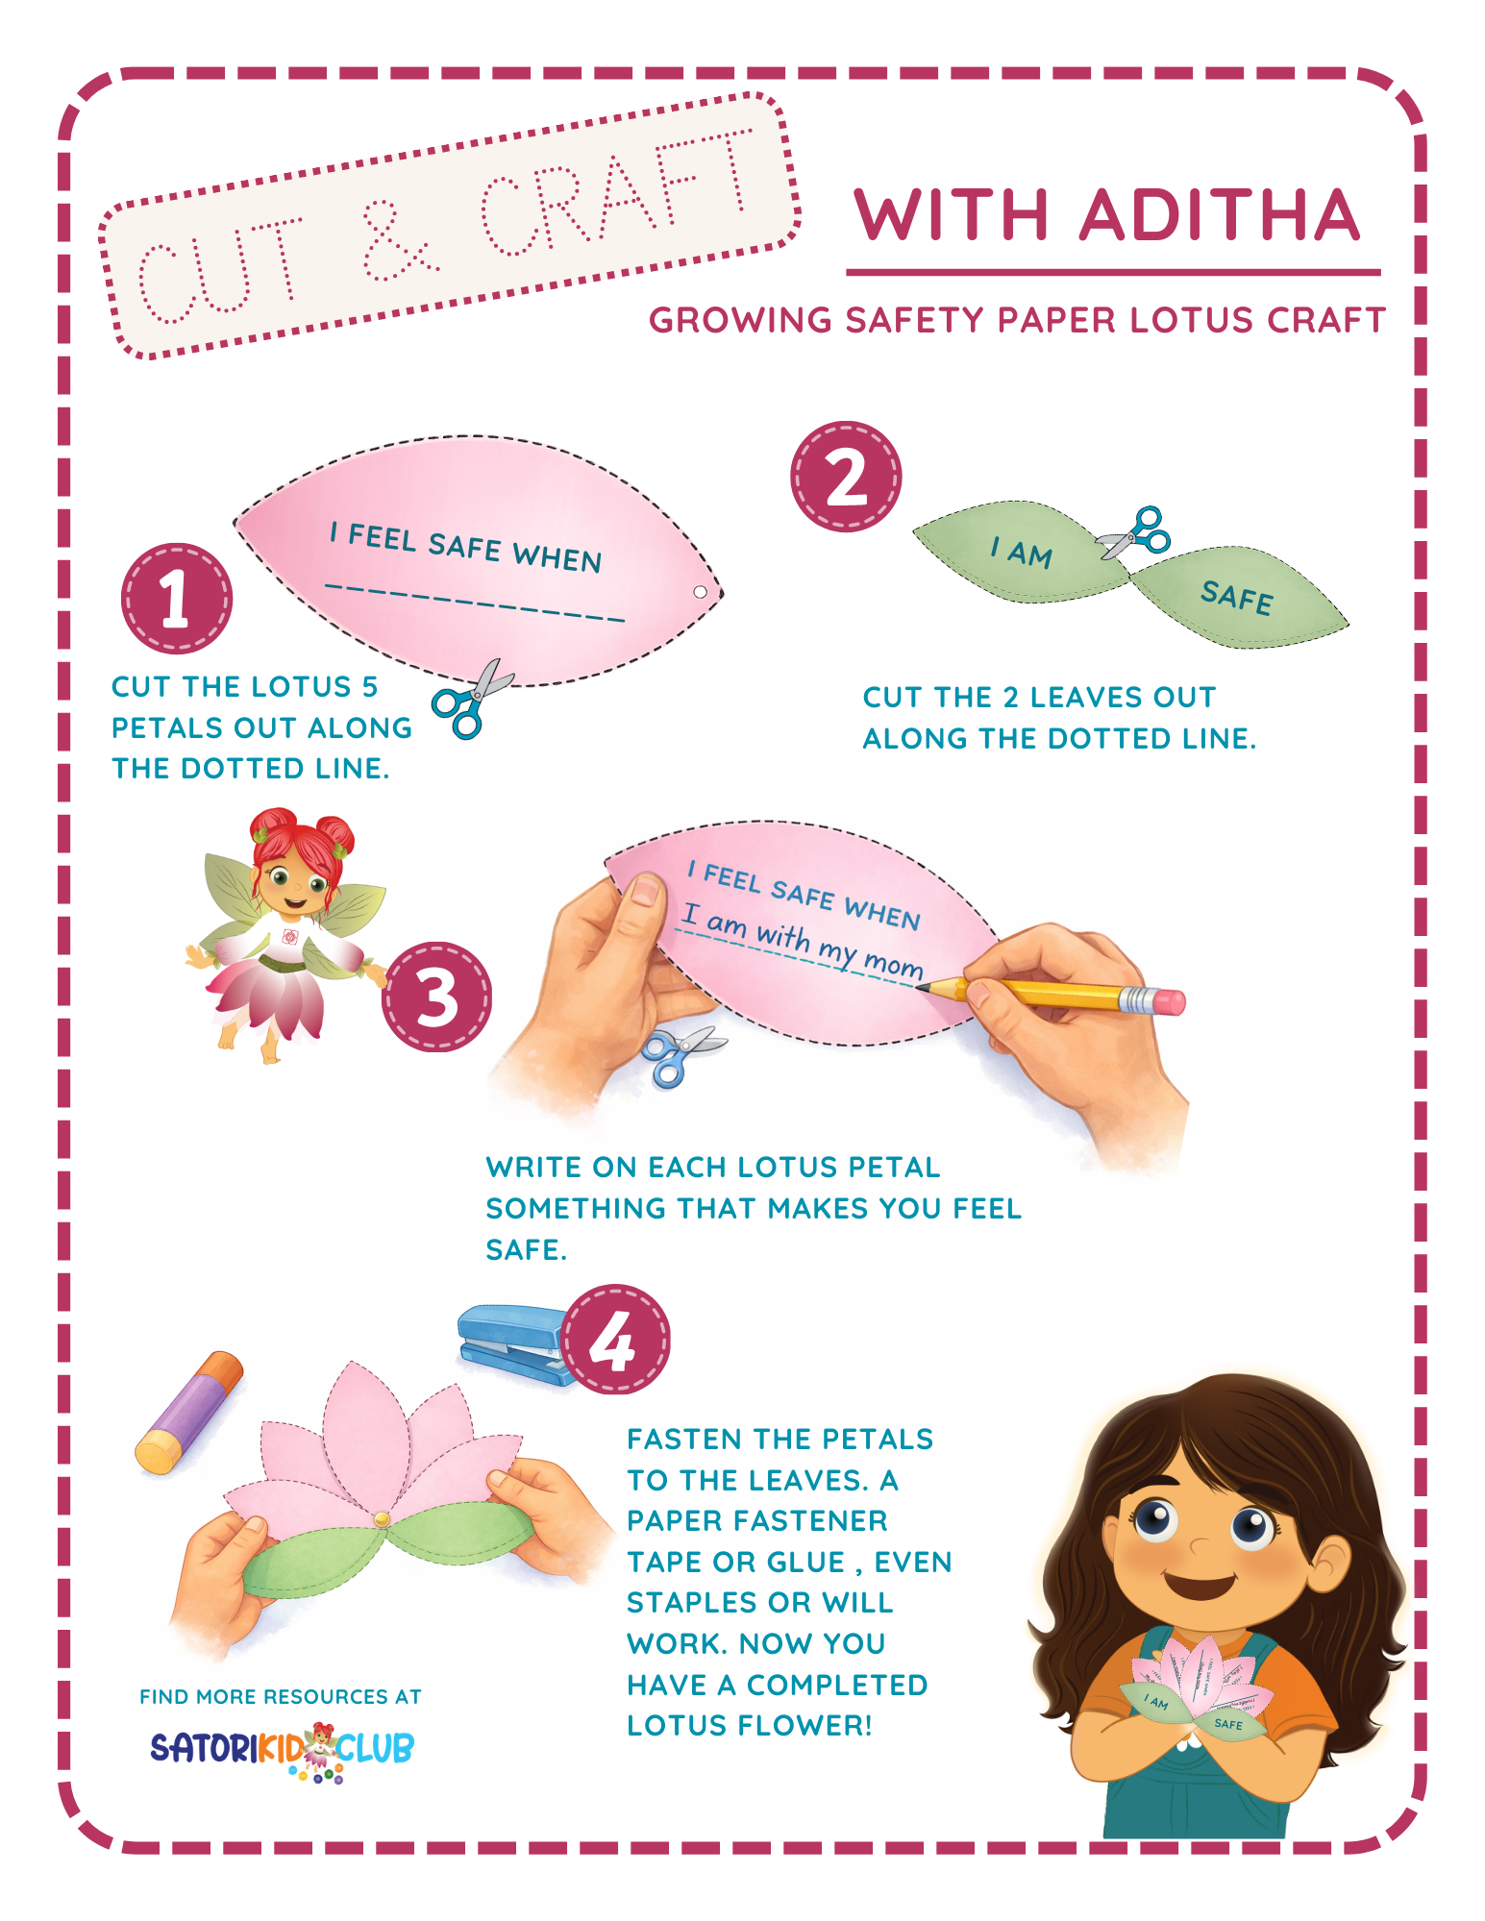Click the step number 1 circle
[176, 599]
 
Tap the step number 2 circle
[846, 477]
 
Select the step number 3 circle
[437, 997]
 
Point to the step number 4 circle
[615, 1340]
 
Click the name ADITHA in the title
[1220, 215]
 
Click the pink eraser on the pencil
[1169, 1003]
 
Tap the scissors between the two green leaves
[1137, 533]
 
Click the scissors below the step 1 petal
[471, 700]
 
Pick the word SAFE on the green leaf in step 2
[1237, 598]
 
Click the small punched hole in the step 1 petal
[701, 592]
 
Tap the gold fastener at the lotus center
[382, 1519]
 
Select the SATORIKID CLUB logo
[282, 1749]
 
